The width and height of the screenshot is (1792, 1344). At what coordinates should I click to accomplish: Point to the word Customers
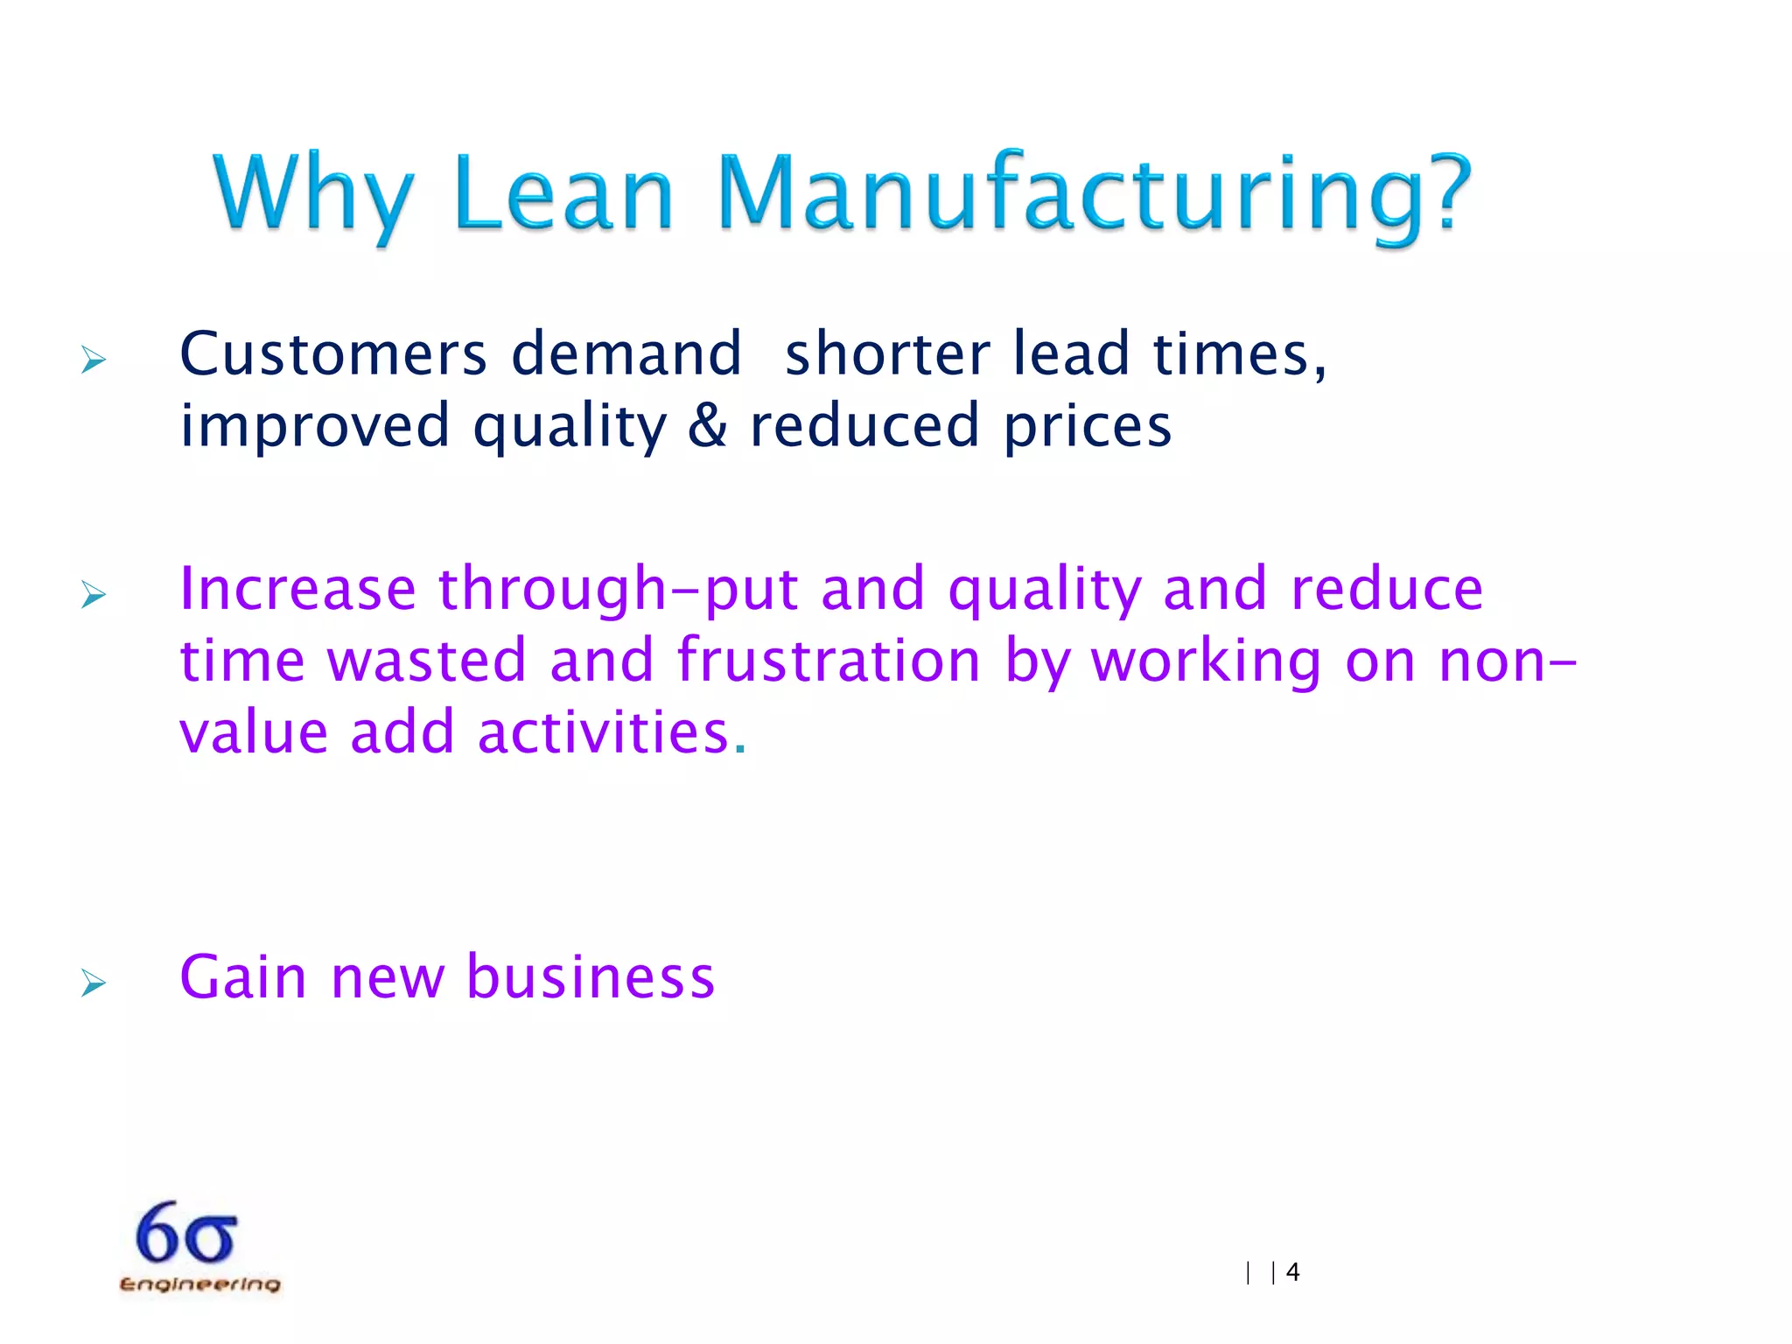coord(332,354)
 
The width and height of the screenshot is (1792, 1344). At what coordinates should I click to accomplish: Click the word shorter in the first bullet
coord(887,354)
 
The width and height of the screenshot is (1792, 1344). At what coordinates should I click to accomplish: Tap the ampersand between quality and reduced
coord(707,426)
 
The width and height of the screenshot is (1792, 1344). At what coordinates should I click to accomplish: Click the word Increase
coord(297,588)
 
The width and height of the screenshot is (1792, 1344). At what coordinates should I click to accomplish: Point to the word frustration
coord(829,660)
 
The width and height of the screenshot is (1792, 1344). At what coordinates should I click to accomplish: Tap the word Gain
coord(243,976)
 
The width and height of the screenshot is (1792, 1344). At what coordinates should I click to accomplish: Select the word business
coord(591,976)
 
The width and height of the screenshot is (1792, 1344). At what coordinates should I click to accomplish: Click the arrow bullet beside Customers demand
coord(93,360)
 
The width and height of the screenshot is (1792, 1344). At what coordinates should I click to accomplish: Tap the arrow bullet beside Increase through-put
coord(93,594)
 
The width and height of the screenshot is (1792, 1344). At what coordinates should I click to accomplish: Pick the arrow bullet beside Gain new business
coord(93,983)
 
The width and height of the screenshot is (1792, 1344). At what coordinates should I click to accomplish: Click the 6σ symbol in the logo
coord(186,1233)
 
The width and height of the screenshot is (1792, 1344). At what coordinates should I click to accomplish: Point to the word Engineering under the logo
coord(199,1284)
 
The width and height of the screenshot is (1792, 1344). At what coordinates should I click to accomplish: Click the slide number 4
coord(1293,1272)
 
